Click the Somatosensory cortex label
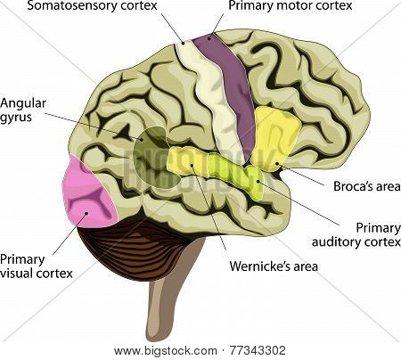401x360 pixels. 92,6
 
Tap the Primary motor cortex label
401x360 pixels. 291,6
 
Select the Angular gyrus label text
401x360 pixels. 23,110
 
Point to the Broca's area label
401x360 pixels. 367,186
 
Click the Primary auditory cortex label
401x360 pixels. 356,235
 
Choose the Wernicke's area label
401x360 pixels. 274,266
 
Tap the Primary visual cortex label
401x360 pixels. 37,266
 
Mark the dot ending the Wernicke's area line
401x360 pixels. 192,166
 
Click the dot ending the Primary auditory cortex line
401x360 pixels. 258,181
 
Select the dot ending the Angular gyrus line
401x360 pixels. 143,139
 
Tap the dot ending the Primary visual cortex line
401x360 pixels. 86,213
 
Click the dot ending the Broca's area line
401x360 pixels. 277,163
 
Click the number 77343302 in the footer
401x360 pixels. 258,350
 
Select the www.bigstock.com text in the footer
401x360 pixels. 166,351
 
